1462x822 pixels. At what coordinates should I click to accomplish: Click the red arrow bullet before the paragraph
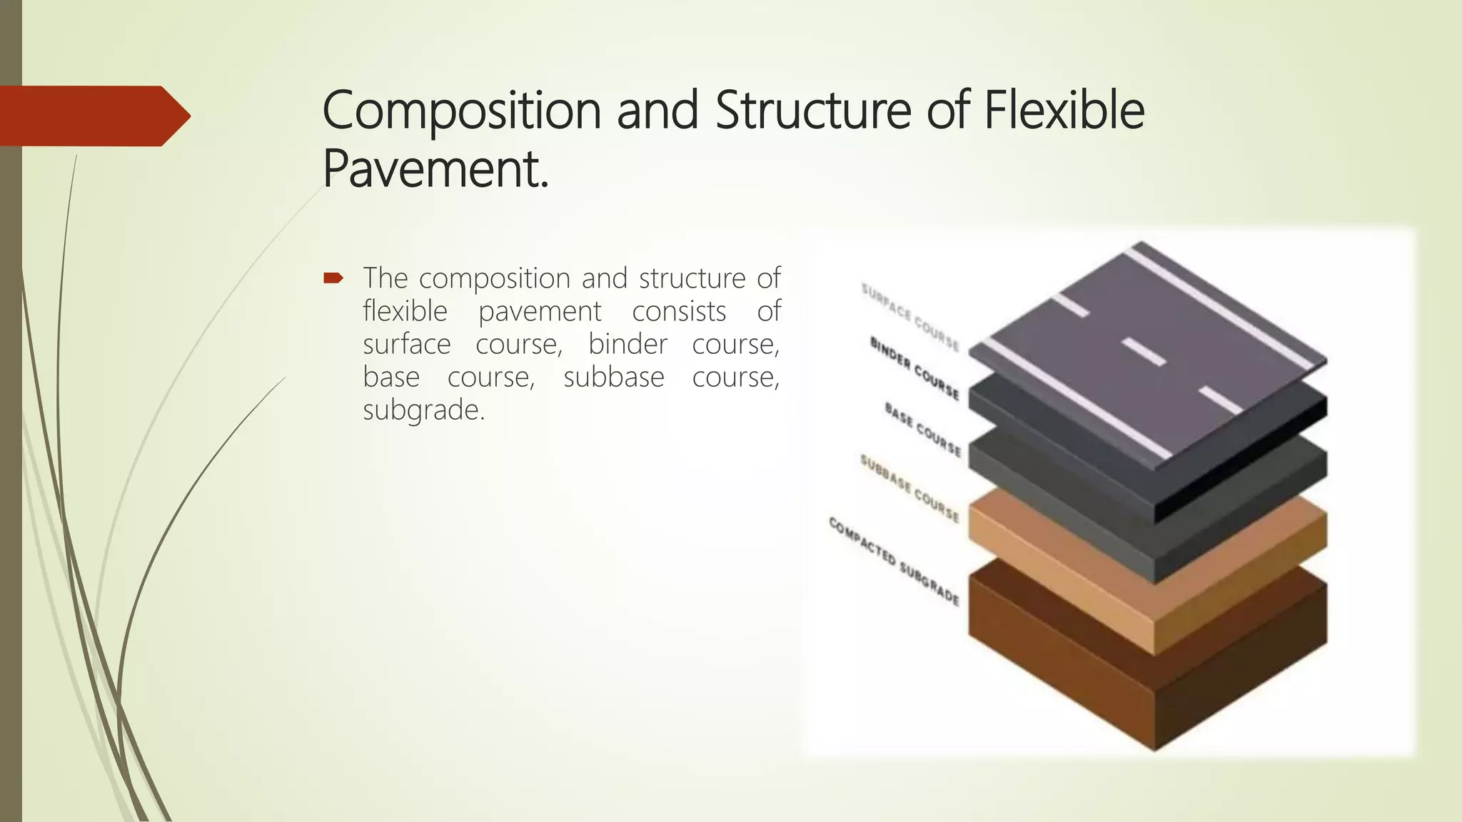click(x=333, y=278)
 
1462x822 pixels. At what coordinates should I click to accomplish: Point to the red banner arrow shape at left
click(x=93, y=116)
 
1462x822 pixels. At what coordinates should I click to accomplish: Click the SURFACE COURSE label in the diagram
click(x=910, y=317)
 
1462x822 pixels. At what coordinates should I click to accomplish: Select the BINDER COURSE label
click(x=914, y=367)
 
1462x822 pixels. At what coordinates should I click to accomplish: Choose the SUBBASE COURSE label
click(x=909, y=488)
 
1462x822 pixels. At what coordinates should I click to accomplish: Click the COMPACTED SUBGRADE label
click(x=894, y=561)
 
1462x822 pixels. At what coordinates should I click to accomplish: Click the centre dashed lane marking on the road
click(x=1144, y=352)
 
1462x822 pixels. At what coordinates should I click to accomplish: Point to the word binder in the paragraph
click(x=627, y=344)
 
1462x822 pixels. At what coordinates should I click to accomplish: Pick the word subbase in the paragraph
click(x=613, y=377)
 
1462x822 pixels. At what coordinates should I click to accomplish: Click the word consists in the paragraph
click(x=679, y=311)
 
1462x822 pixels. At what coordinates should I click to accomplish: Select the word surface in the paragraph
click(x=406, y=344)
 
